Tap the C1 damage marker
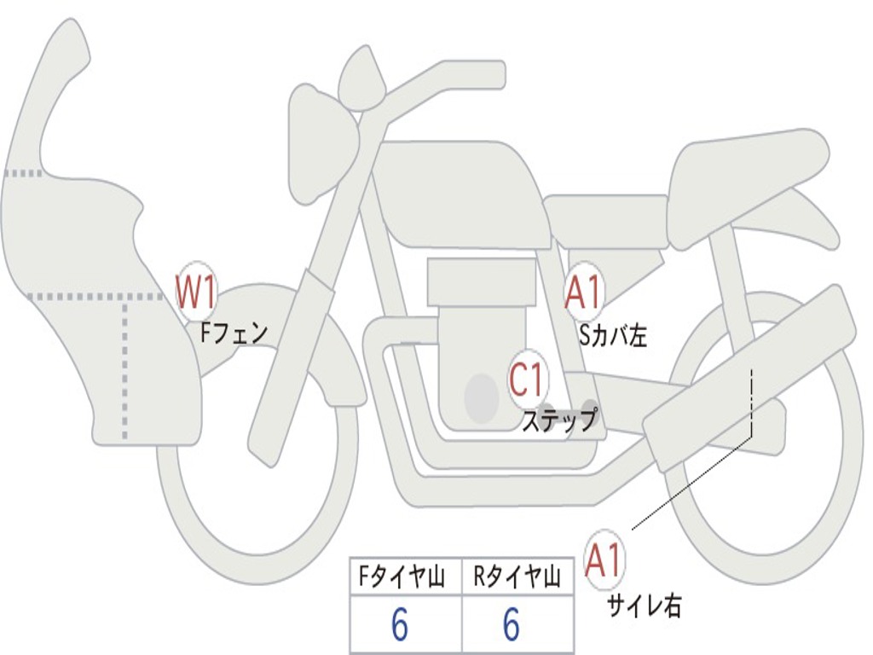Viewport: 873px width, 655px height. coord(528,379)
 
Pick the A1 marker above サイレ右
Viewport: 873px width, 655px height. coord(604,560)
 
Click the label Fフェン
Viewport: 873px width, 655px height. coord(234,332)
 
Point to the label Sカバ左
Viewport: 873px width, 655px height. coord(612,336)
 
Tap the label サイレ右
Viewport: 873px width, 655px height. coord(644,606)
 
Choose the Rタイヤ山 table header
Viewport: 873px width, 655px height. coord(517,578)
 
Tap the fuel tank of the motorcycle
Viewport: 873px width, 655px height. coord(460,192)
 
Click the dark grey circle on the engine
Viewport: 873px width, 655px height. coord(482,397)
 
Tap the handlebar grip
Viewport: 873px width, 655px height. coord(477,75)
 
